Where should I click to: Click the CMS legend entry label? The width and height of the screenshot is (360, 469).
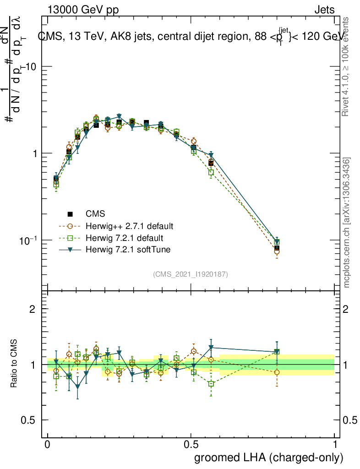pos(95,214)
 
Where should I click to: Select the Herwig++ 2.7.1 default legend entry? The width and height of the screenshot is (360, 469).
pos(130,226)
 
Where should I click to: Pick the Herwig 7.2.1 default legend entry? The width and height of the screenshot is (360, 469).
pos(125,238)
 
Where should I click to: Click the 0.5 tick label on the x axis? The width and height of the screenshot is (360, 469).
pos(191,445)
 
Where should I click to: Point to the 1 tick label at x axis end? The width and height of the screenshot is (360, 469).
pos(335,445)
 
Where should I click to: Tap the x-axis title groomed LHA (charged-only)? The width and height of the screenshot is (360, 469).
pos(269,458)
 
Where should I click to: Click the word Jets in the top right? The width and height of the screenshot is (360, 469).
pos(324,10)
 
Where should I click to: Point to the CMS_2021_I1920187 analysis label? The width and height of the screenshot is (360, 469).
pos(191,274)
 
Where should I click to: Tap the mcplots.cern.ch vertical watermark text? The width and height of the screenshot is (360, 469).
pos(347,223)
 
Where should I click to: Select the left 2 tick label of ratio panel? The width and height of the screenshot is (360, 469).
pos(33,309)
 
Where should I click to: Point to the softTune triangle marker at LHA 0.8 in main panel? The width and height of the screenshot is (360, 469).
pos(277,242)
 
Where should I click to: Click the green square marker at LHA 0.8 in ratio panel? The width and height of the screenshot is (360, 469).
pos(277,352)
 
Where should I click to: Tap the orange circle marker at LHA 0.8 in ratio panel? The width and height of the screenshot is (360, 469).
pos(277,372)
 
